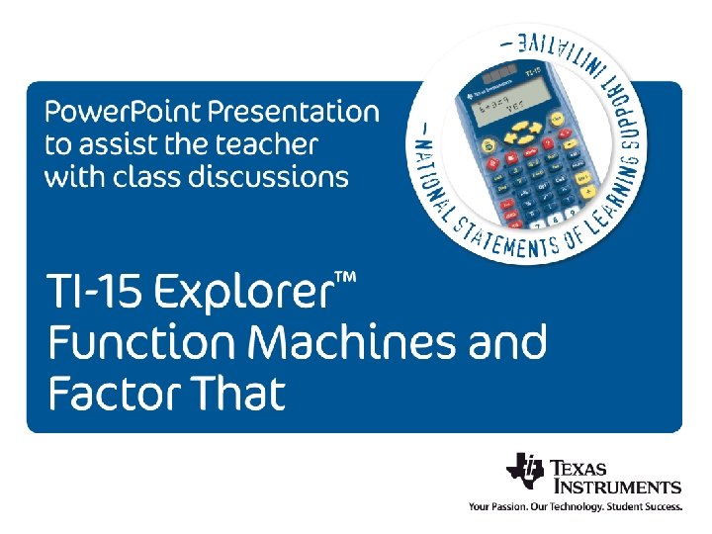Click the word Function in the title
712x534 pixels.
click(x=140, y=344)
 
